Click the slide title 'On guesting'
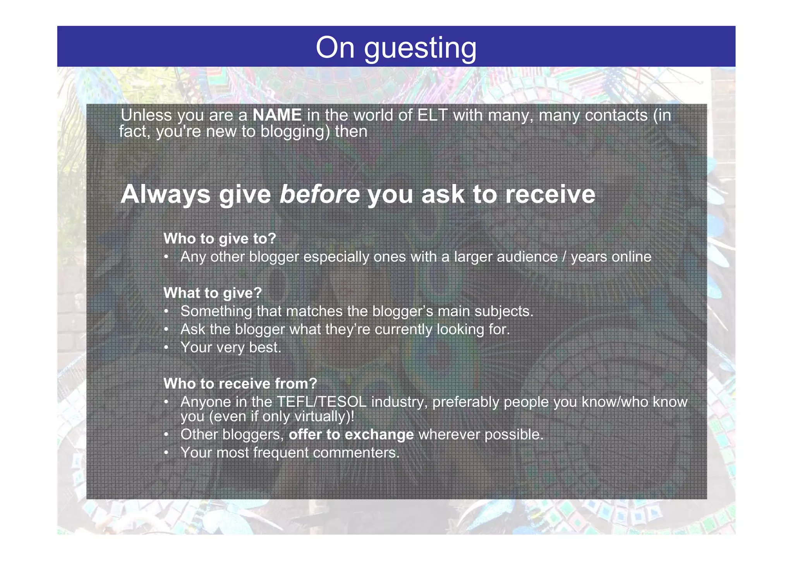(x=396, y=48)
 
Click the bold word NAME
(x=277, y=115)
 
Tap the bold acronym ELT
(x=433, y=115)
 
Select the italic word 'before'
(x=319, y=194)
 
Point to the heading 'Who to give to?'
(x=220, y=238)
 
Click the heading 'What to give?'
(x=213, y=293)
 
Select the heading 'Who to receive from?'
(x=240, y=384)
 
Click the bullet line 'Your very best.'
(x=230, y=347)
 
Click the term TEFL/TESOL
(x=321, y=402)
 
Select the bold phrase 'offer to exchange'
(x=351, y=434)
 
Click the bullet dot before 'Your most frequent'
(x=166, y=453)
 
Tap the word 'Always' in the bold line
(x=165, y=194)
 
